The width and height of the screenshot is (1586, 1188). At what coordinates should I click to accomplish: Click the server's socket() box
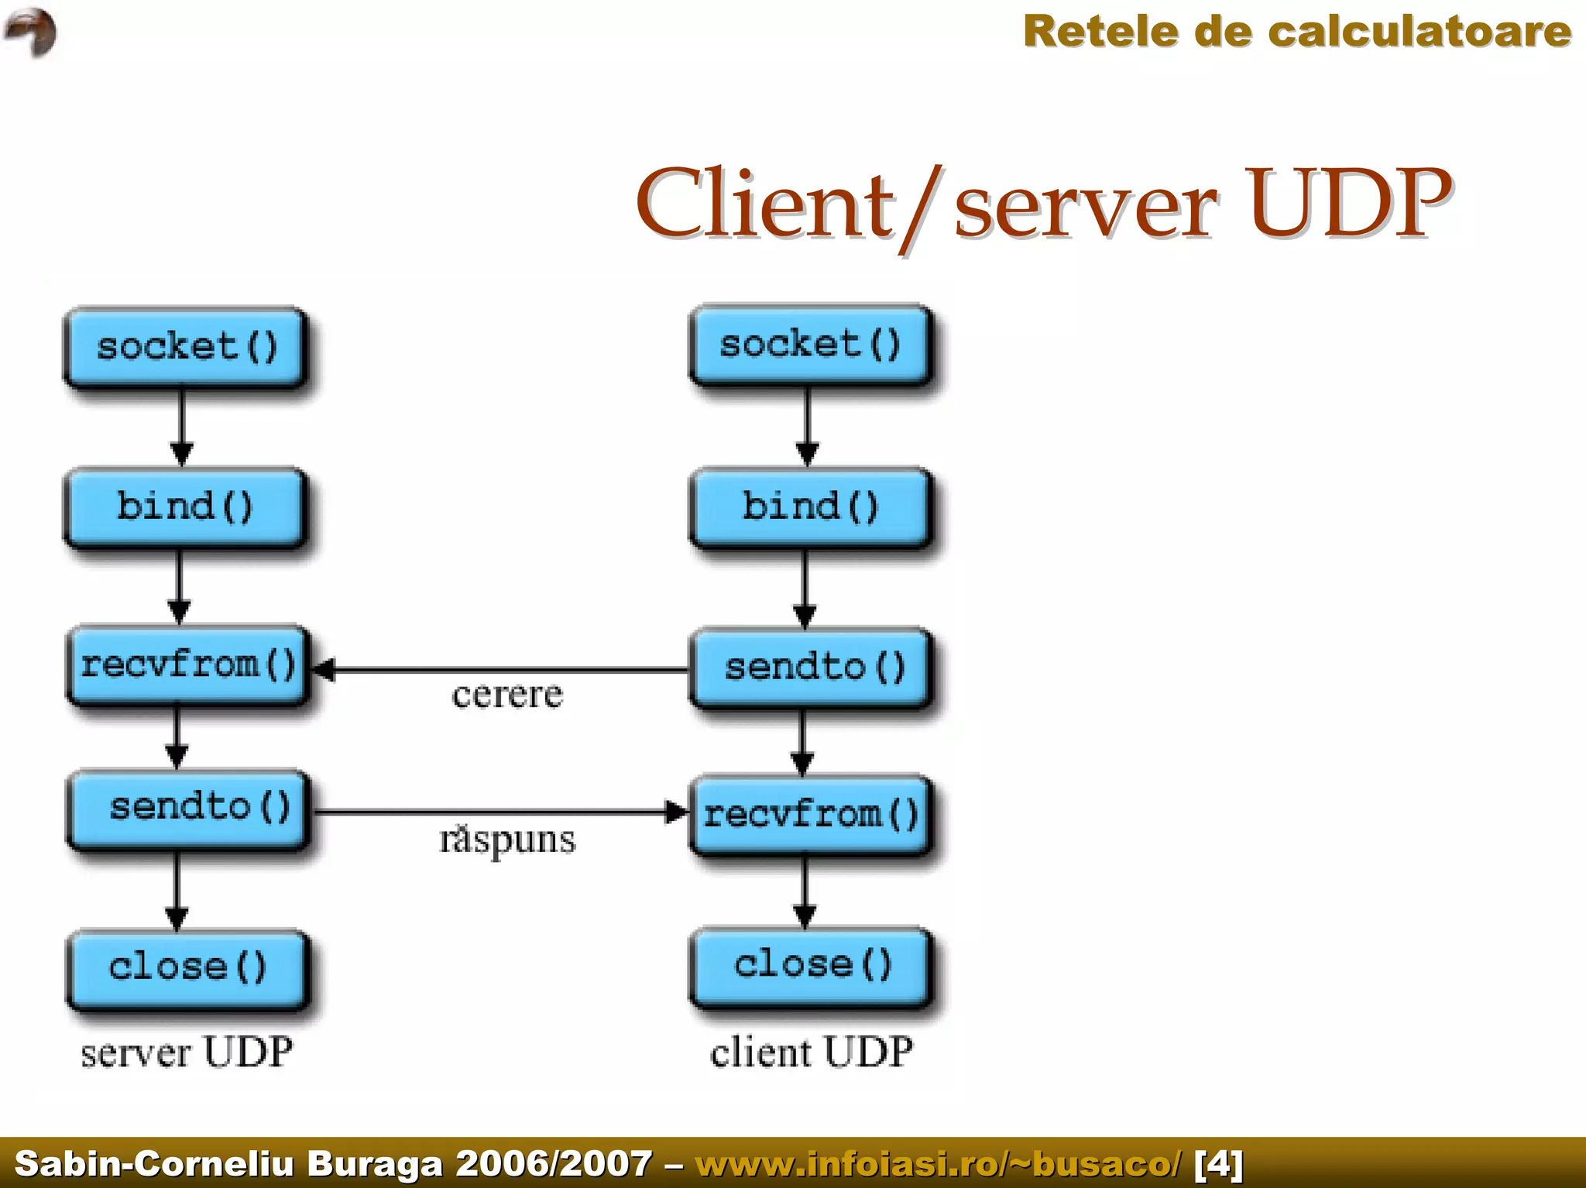tap(186, 347)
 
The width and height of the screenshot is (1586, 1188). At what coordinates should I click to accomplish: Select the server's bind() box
tap(185, 507)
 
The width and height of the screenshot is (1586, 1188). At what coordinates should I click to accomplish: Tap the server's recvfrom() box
tap(188, 665)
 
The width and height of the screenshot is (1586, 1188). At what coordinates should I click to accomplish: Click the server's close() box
tap(187, 968)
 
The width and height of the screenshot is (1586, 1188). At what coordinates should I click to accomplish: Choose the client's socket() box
tap(810, 345)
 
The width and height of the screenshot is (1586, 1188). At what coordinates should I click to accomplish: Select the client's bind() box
tap(810, 507)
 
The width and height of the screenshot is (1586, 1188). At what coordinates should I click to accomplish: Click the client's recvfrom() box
tap(811, 815)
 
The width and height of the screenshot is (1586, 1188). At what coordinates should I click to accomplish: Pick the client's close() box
tap(811, 966)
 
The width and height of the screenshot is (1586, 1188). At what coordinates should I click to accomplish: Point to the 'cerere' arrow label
tap(507, 695)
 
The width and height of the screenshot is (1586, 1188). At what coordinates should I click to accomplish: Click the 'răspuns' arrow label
tap(507, 840)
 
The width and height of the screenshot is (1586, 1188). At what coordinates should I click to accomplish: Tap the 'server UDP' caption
tap(187, 1052)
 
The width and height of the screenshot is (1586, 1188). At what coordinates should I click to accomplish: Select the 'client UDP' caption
tap(811, 1052)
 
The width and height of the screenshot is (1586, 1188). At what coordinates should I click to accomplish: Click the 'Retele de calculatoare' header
tap(1296, 32)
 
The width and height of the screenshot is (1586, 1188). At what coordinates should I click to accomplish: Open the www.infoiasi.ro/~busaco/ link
tap(939, 1163)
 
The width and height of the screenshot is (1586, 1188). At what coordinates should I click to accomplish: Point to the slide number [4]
tap(1218, 1163)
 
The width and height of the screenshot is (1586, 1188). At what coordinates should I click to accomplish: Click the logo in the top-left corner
tap(31, 32)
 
